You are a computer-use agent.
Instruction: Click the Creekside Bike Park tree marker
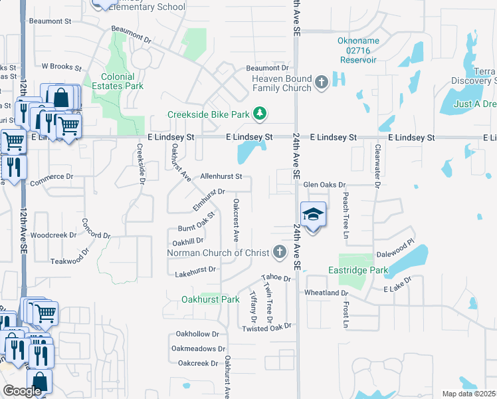[x=260, y=115]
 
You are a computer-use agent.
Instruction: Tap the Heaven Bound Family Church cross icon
[x=322, y=82]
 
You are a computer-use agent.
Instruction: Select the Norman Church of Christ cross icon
[x=280, y=252]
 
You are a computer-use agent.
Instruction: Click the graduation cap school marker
[x=314, y=214]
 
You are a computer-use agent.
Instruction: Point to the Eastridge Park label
[x=358, y=271]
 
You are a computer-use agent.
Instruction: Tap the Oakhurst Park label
[x=210, y=300]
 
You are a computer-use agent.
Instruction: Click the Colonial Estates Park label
[x=122, y=81]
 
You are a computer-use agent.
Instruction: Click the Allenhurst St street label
[x=221, y=177]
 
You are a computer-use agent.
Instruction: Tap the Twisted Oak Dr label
[x=267, y=328]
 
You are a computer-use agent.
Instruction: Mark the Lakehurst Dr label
[x=195, y=269]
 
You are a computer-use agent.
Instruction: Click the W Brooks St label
[x=61, y=67]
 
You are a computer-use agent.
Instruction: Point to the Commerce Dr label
[x=50, y=177]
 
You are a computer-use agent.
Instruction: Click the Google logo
[x=22, y=391]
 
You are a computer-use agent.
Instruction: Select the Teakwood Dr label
[x=69, y=261]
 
